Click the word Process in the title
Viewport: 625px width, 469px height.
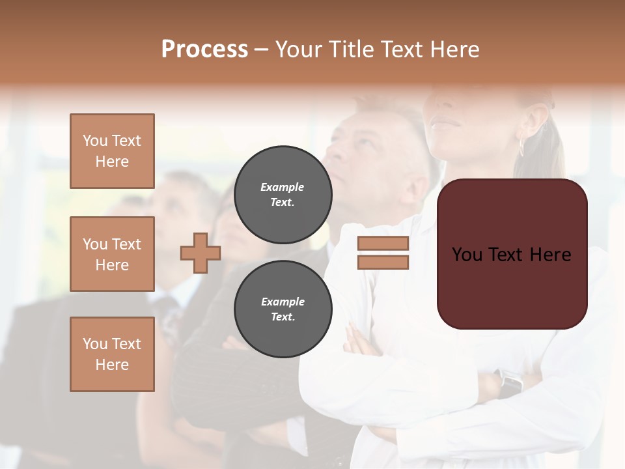(x=204, y=50)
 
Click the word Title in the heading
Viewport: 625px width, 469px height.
(x=350, y=50)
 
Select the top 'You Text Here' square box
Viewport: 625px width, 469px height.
(x=112, y=151)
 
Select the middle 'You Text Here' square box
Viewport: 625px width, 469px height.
(x=112, y=254)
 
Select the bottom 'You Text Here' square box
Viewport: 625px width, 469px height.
(x=112, y=354)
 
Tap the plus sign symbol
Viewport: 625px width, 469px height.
(x=201, y=253)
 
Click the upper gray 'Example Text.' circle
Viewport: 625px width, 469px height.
(x=283, y=194)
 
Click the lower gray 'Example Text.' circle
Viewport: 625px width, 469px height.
(x=283, y=309)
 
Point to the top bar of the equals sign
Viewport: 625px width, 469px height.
(x=383, y=244)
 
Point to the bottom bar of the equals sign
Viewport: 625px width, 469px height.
(x=383, y=262)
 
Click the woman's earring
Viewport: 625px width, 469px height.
(x=521, y=146)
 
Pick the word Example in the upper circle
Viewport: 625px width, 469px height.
(x=283, y=187)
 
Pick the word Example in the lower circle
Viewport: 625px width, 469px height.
(x=283, y=302)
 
